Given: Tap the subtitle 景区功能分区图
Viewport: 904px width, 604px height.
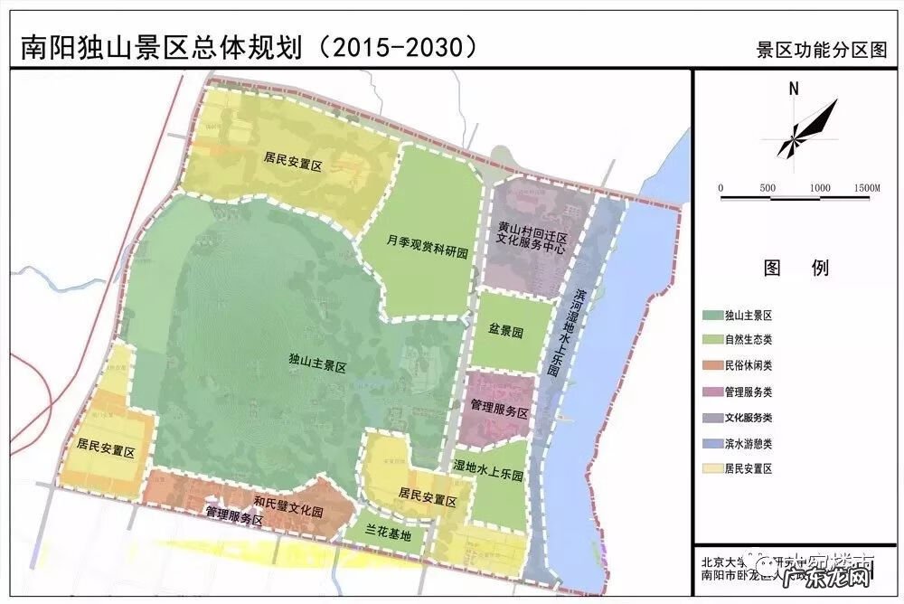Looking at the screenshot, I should (x=823, y=50).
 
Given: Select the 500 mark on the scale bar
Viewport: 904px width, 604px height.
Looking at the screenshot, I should (x=767, y=187).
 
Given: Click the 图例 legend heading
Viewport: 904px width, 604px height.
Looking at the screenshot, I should (x=796, y=269).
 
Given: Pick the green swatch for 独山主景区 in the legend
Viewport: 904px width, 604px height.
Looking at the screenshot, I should (x=712, y=316).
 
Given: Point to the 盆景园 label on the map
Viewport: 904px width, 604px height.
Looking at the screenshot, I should (x=506, y=333).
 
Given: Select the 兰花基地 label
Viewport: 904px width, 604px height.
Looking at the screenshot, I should (x=389, y=534).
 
